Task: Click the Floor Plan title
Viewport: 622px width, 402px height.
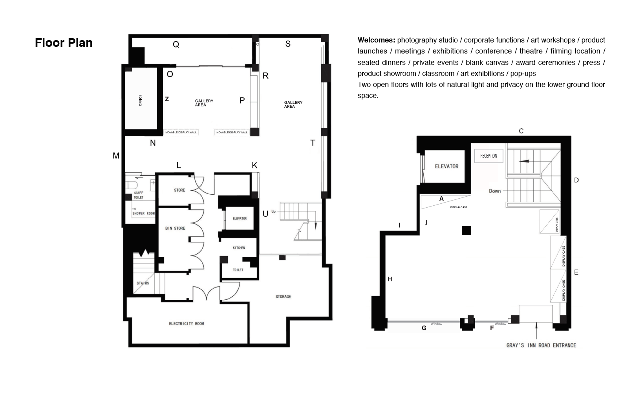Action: [64, 43]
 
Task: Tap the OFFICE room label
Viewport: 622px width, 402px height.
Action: [141, 100]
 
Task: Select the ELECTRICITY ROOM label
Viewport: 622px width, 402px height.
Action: [187, 324]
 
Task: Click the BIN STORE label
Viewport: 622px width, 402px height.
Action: [175, 228]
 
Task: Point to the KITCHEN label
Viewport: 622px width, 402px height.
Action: [239, 248]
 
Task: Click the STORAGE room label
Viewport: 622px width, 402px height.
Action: [283, 297]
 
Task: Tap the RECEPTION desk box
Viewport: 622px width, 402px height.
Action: [488, 156]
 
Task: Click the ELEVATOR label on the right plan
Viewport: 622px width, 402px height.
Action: [446, 166]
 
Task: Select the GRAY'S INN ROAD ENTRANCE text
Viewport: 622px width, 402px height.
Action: [541, 345]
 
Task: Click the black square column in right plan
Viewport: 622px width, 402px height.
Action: [466, 231]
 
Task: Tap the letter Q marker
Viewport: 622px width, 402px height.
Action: [176, 44]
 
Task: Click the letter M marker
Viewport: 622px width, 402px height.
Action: [116, 156]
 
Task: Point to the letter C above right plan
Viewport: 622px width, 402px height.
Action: [521, 131]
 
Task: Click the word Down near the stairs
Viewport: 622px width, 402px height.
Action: [495, 191]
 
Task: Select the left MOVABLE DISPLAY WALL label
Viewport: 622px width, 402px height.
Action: [181, 133]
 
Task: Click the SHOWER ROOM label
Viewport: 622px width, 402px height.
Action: [143, 213]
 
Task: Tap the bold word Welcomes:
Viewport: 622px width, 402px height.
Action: [376, 40]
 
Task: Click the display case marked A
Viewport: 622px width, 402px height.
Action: [446, 202]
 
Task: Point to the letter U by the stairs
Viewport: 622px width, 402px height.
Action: [265, 214]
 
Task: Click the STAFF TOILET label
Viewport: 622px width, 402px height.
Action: [138, 195]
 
